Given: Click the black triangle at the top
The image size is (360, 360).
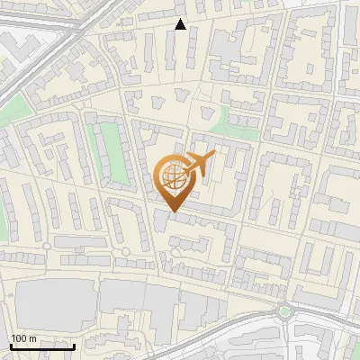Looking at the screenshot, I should pyautogui.click(x=181, y=24).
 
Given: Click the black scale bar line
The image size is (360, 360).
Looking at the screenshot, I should pyautogui.click(x=42, y=346).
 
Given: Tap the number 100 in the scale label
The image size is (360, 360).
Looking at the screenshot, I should pyautogui.click(x=18, y=338).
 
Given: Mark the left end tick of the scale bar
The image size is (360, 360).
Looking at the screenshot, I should pyautogui.click(x=10, y=345).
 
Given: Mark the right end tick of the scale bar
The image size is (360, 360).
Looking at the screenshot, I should pyautogui.click(x=75, y=345).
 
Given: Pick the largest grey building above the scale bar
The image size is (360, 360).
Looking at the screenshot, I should pyautogui.click(x=54, y=301).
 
